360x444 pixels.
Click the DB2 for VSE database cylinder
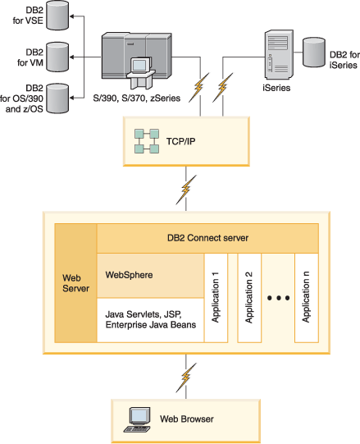[x=57, y=16]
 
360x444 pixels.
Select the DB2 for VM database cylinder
[x=57, y=57]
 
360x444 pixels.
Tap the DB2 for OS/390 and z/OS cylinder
[x=57, y=98]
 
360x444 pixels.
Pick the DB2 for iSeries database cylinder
[x=314, y=53]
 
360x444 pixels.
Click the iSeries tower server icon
[x=279, y=55]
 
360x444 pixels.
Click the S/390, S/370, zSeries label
[x=137, y=98]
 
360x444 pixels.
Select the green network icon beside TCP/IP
[x=147, y=141]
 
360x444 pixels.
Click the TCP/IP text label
[x=181, y=141]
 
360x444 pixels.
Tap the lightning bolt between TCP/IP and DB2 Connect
[x=186, y=190]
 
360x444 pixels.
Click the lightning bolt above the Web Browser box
[x=186, y=378]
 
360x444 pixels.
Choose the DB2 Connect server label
[x=207, y=238]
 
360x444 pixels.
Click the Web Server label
[x=75, y=283]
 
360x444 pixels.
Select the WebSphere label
[x=129, y=275]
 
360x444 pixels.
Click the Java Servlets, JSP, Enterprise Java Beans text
[x=151, y=319]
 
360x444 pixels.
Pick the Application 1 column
[x=216, y=298]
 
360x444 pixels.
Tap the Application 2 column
[x=249, y=298]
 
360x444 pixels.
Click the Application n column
[x=307, y=298]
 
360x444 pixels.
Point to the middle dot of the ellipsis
[x=279, y=298]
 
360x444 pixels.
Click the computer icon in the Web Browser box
[x=137, y=419]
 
